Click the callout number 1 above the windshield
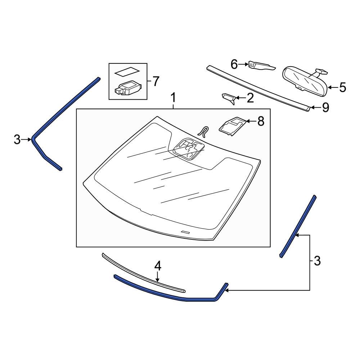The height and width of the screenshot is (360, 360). point(174,98)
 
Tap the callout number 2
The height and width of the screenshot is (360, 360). point(250,98)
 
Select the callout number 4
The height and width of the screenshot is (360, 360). point(158,266)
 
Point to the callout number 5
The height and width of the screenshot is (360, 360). point(342,87)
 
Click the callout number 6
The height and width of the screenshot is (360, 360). point(234,64)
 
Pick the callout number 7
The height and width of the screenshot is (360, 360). point(155,81)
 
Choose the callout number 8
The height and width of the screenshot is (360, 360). point(260,121)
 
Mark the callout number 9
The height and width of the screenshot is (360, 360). point(325,108)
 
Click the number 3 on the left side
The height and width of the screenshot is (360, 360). point(17,139)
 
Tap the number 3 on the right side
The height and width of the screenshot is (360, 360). point(317,261)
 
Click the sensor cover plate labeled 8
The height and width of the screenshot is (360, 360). point(232,126)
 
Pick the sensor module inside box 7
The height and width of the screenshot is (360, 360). point(128,88)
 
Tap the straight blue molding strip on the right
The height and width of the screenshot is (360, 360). point(298,226)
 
